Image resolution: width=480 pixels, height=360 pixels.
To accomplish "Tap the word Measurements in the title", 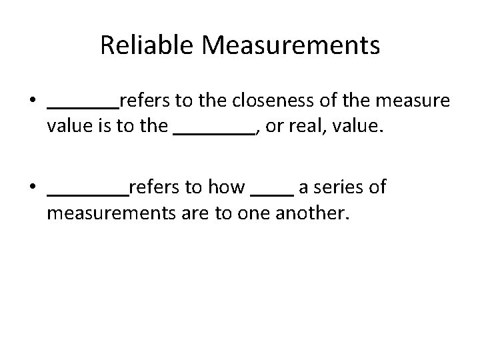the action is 291,46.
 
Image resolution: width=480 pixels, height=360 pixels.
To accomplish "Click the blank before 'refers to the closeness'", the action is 83,105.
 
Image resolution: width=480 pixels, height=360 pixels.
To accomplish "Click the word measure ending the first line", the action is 413,101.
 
